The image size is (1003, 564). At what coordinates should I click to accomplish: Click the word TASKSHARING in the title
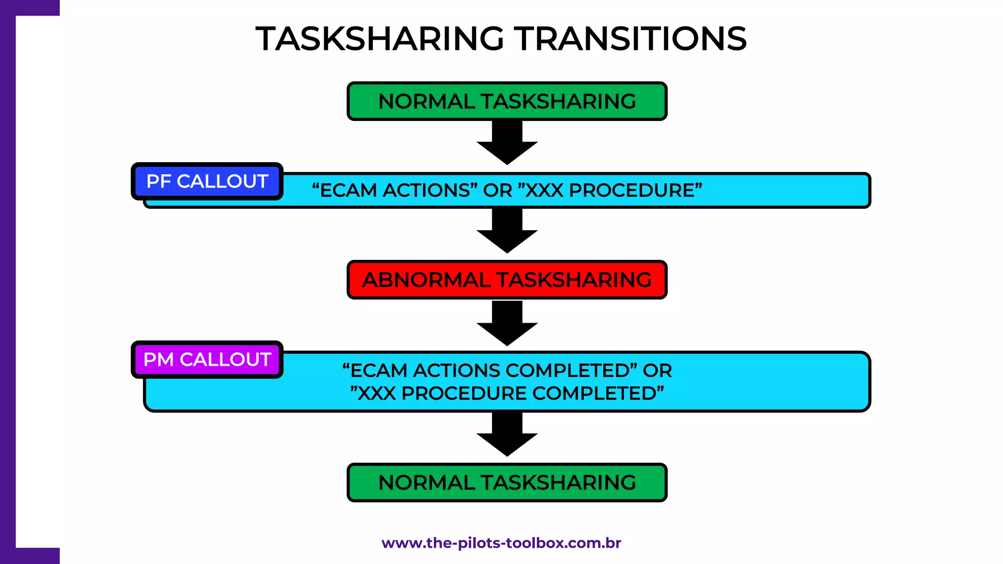pyautogui.click(x=380, y=39)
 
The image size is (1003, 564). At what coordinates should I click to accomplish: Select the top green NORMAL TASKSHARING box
pyautogui.click(x=507, y=101)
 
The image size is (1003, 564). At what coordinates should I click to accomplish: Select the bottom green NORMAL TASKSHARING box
pyautogui.click(x=507, y=483)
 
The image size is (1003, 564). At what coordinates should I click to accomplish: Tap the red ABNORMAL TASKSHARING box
pyautogui.click(x=507, y=280)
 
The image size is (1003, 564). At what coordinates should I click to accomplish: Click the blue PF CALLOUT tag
pyautogui.click(x=207, y=182)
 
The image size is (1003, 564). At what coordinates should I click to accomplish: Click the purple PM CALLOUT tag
pyautogui.click(x=207, y=360)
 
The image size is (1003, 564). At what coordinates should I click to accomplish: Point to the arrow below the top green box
pyautogui.click(x=507, y=142)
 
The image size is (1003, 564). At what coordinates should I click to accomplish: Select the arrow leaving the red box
pyautogui.click(x=507, y=324)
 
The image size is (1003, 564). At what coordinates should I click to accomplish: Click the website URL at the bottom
pyautogui.click(x=501, y=543)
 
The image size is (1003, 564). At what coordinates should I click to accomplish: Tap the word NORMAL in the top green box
pyautogui.click(x=426, y=101)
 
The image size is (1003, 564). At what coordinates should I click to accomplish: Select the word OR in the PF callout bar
pyautogui.click(x=497, y=190)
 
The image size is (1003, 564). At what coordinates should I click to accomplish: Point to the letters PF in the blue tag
pyautogui.click(x=158, y=182)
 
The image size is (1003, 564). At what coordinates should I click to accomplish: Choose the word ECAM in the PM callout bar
pyautogui.click(x=379, y=371)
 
